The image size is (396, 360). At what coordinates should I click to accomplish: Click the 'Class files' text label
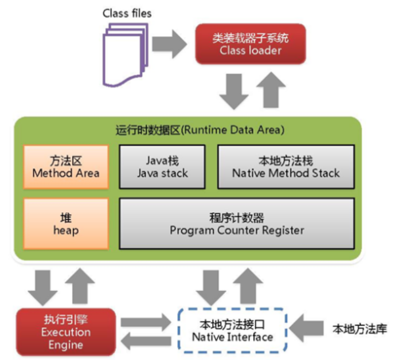(x=127, y=12)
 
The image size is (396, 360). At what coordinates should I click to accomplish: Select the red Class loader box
(x=250, y=44)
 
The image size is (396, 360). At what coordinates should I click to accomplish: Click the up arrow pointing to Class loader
(x=271, y=89)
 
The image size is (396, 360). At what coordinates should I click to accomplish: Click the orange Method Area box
(x=65, y=167)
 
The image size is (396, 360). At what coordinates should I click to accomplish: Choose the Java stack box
(x=162, y=167)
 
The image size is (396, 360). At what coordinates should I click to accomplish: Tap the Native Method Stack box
(x=285, y=167)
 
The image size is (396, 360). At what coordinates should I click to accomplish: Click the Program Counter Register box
(x=236, y=223)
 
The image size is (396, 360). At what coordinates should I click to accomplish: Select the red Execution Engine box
(x=65, y=332)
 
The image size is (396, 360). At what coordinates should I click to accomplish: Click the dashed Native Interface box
(x=232, y=331)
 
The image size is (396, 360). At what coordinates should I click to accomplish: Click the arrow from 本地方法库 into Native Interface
(x=308, y=329)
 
